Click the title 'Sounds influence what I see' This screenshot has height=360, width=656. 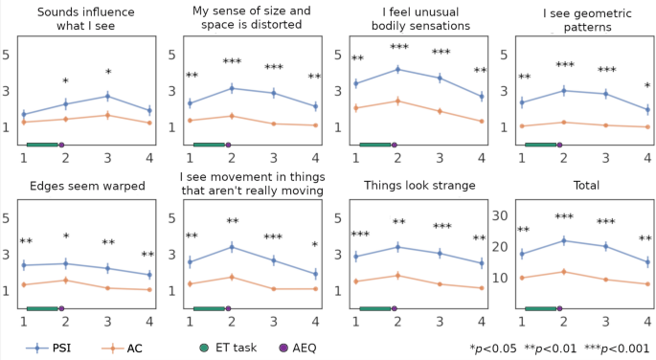pyautogui.click(x=86, y=18)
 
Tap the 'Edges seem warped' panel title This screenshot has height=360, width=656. pyautogui.click(x=86, y=185)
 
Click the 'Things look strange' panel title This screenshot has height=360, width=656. pyautogui.click(x=418, y=185)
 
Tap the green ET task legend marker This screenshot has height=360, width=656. pyautogui.click(x=205, y=348)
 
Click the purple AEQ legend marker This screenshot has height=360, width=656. pyautogui.click(x=283, y=348)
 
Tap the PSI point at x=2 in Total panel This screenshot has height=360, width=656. pyautogui.click(x=563, y=240)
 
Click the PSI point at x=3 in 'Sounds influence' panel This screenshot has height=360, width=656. pyautogui.click(x=108, y=96)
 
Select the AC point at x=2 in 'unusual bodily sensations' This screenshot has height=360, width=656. pyautogui.click(x=397, y=101)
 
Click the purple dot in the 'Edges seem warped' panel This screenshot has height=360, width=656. pyautogui.click(x=62, y=308)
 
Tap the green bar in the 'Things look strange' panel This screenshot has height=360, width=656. pyautogui.click(x=374, y=308)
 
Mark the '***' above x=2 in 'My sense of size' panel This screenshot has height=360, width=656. pyautogui.click(x=232, y=62)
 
